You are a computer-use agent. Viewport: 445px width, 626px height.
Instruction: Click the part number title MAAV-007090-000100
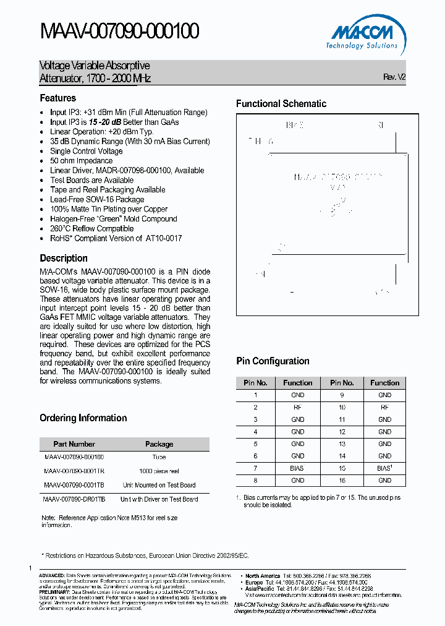(119, 31)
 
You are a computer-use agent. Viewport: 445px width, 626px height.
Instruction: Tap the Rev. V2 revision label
(394, 77)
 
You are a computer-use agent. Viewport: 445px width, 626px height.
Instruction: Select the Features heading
(58, 98)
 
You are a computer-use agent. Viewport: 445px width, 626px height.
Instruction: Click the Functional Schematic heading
(281, 104)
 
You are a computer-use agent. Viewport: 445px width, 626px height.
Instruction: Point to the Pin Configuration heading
(273, 361)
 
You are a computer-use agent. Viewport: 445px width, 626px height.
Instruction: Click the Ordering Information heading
(83, 418)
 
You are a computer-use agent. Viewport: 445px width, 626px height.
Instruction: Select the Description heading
(64, 259)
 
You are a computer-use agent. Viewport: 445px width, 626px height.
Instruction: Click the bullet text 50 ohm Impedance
(81, 161)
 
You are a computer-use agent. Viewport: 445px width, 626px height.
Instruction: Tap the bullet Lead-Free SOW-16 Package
(97, 200)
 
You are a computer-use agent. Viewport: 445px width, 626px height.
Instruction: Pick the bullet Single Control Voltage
(87, 151)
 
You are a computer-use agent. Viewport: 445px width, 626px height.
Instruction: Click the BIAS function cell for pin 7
(297, 468)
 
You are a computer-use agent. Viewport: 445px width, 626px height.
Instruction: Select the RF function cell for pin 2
(297, 408)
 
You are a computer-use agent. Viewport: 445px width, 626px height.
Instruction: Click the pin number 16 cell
(342, 481)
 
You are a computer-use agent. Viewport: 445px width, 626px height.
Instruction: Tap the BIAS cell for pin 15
(384, 468)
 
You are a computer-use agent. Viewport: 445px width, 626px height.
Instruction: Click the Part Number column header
(74, 444)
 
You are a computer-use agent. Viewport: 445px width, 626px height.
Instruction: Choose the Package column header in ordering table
(159, 444)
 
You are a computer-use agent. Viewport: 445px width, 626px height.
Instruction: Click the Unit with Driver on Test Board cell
(159, 499)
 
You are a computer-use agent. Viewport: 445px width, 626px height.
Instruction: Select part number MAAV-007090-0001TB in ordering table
(74, 485)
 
